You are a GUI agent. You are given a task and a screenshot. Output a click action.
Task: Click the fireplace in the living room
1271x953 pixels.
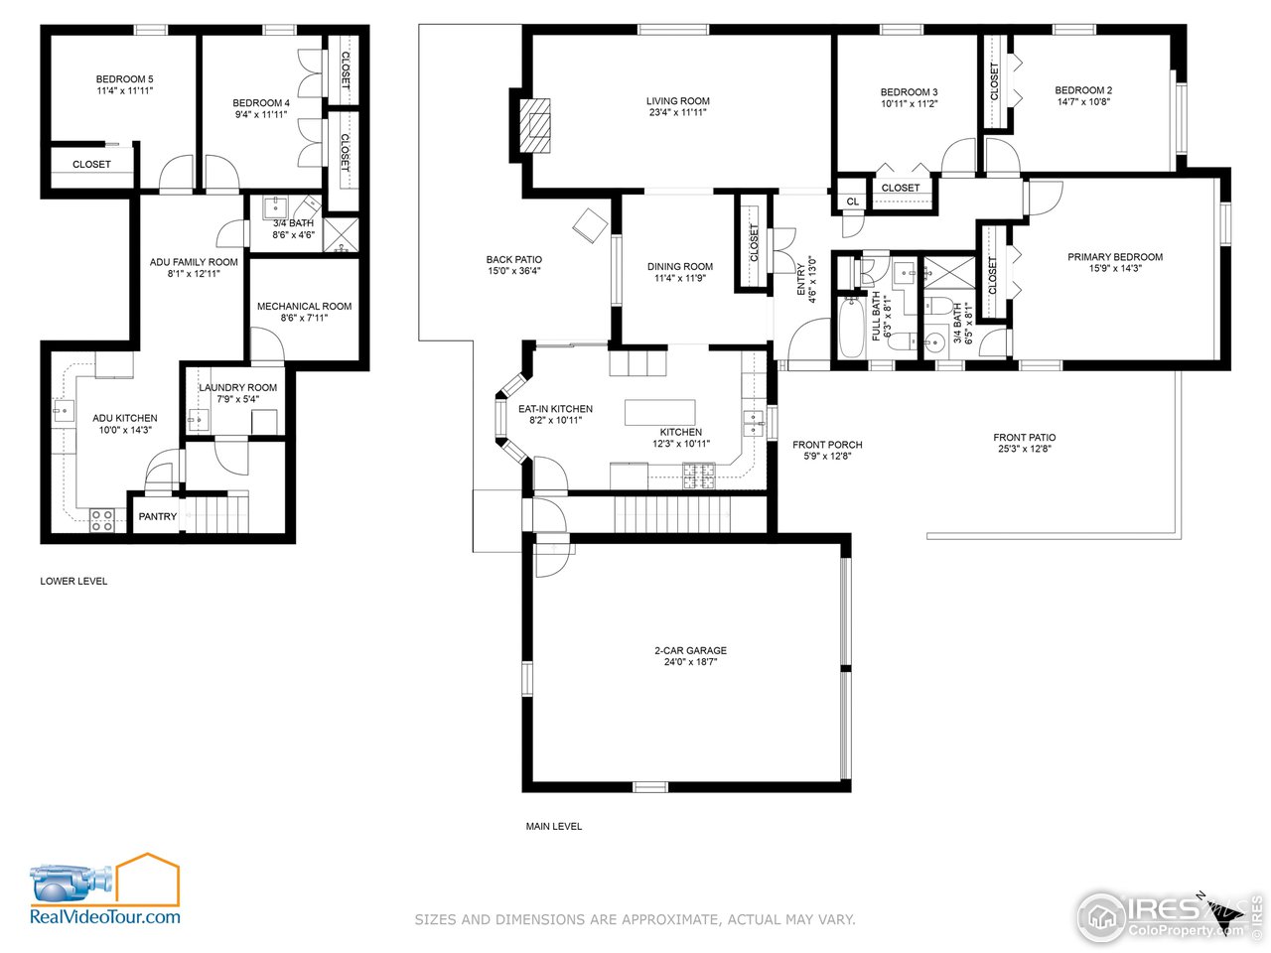tap(537, 124)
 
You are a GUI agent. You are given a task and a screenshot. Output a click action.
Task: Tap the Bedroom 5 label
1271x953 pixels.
tap(124, 79)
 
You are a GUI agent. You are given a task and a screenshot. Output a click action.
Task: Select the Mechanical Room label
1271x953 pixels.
tap(304, 307)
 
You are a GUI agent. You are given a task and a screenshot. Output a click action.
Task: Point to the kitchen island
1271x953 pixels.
tap(659, 412)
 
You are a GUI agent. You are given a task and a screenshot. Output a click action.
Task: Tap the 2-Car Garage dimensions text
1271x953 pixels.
tap(691, 662)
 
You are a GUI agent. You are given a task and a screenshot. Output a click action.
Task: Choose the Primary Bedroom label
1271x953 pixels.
tap(1115, 257)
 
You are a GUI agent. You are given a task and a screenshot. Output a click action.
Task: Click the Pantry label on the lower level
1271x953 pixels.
tap(158, 516)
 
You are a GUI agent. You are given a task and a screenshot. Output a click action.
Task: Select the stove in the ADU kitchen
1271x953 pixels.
tap(101, 519)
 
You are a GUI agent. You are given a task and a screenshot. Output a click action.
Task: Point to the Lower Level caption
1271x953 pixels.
tap(73, 581)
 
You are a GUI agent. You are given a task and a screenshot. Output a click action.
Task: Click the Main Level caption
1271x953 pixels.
tap(554, 826)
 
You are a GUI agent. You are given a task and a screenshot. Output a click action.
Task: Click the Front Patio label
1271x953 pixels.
tap(1025, 438)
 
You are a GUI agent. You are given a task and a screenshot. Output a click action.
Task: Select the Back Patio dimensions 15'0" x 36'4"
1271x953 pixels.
tap(514, 271)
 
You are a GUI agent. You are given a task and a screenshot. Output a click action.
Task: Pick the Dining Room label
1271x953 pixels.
tap(680, 267)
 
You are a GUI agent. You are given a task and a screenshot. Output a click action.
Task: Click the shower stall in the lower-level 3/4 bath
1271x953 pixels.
tap(342, 234)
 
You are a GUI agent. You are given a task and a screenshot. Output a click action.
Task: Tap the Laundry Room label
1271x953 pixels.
tap(238, 388)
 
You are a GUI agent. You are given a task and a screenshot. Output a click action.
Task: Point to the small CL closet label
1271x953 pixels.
tap(852, 203)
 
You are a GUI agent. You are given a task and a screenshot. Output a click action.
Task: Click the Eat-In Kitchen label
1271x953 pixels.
tap(555, 409)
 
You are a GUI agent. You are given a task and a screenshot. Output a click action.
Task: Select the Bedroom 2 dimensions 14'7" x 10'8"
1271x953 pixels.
tap(1083, 101)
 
